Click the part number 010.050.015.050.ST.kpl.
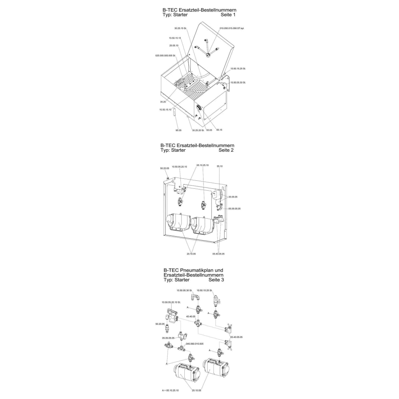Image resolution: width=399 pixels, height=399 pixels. tap(231, 29)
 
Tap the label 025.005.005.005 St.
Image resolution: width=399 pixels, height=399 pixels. tap(166, 55)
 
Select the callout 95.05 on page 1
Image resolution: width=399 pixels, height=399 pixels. tap(178, 130)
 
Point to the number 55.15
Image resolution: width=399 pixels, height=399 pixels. tap(219, 130)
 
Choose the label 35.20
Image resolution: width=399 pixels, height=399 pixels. tap(162, 102)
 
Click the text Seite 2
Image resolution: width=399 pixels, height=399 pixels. tap(226, 150)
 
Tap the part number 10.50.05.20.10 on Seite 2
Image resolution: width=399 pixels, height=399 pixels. tap(179, 166)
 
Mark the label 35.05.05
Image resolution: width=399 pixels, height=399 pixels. tap(233, 197)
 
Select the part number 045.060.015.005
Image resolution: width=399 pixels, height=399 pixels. tap(195, 344)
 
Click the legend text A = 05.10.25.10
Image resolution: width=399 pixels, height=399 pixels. tap(170, 391)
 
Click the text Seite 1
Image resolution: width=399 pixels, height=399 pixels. tap(228, 15)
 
